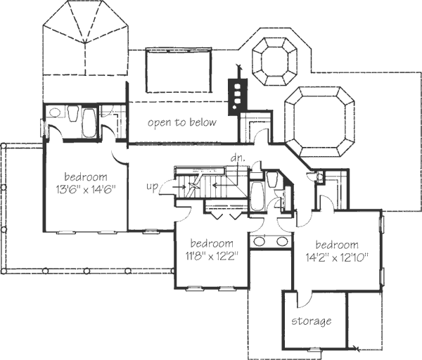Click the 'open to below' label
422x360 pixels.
tap(181, 122)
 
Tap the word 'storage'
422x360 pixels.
tap(312, 321)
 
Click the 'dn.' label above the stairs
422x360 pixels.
tap(236, 159)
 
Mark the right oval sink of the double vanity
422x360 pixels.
tap(282, 241)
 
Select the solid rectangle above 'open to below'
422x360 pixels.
tap(179, 70)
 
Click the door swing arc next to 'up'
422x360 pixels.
tap(166, 186)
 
